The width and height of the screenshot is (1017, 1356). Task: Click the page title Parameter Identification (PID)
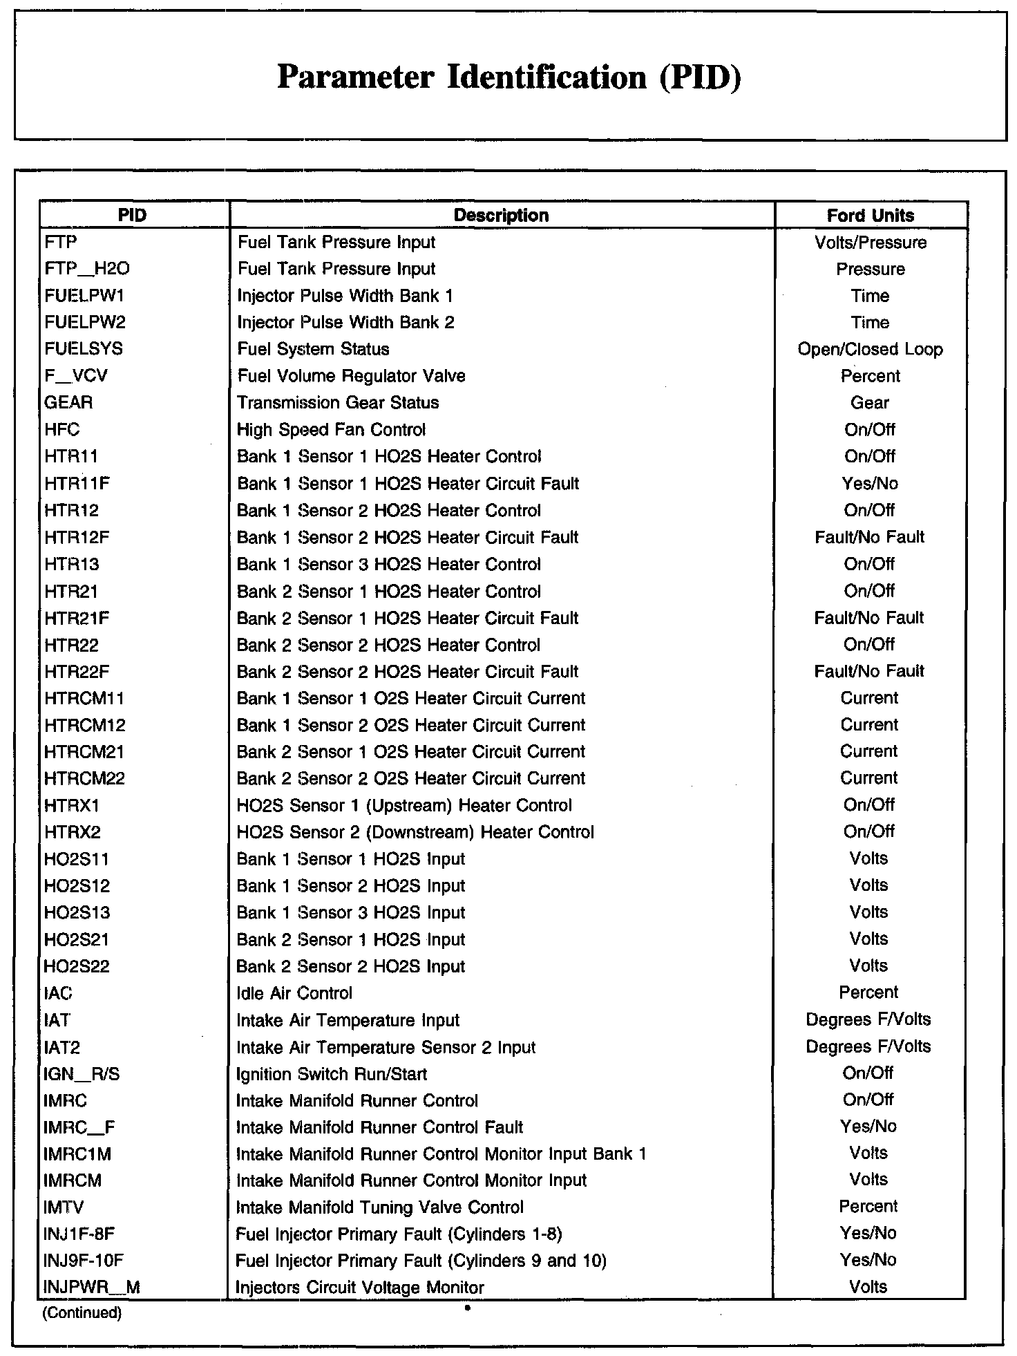509,77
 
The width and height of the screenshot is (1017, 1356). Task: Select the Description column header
501,216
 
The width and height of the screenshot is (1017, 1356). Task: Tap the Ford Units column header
870,216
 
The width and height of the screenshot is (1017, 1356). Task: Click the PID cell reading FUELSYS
84,349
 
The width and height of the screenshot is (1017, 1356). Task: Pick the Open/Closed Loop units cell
870,349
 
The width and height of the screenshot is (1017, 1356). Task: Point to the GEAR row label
68,403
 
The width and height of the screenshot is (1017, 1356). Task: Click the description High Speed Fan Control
331,430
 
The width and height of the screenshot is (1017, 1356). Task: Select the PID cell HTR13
72,565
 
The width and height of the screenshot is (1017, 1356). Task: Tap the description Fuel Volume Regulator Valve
351,376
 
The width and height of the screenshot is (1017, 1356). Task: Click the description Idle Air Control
294,994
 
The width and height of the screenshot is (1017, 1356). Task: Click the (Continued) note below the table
82,1313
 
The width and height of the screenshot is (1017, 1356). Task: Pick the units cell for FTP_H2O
870,269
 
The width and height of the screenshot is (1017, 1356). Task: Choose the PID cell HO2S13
77,913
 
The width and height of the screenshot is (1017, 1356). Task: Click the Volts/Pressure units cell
870,243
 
